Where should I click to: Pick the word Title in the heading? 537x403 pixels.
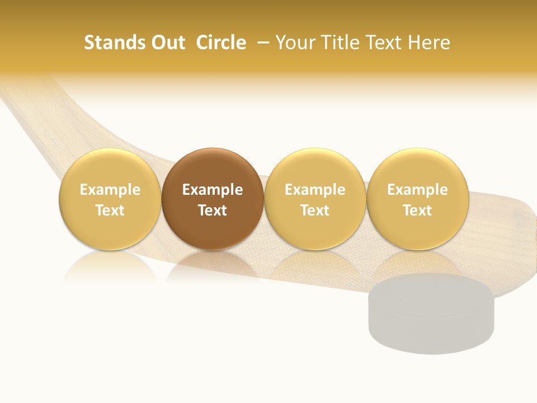(338, 43)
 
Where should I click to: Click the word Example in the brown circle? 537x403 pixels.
(213, 190)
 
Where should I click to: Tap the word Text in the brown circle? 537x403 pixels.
(213, 210)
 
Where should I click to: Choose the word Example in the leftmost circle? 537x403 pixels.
(110, 190)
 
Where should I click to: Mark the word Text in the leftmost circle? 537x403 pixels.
(110, 210)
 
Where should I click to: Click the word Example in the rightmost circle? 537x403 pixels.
(417, 190)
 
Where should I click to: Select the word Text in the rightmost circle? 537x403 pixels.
(417, 210)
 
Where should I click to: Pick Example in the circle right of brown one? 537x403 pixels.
(315, 190)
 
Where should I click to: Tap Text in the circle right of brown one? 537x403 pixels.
(315, 210)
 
